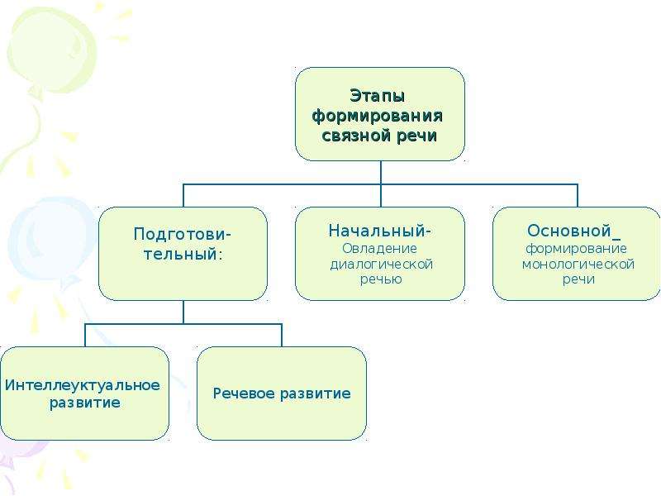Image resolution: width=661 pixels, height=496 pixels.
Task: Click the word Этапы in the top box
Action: click(378, 97)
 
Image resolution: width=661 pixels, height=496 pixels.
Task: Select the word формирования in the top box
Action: click(378, 116)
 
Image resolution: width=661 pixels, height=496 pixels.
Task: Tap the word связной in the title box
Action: click(359, 136)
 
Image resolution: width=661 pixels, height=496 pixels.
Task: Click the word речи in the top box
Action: click(417, 136)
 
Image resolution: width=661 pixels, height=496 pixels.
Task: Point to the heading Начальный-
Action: click(380, 231)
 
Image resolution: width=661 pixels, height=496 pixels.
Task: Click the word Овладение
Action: click(379, 249)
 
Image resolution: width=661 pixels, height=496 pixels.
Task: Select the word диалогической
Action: click(381, 265)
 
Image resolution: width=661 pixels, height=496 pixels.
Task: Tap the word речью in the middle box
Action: click(381, 279)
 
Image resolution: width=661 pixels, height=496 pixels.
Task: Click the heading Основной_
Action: click(573, 231)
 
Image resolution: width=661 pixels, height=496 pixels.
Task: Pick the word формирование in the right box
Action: click(576, 249)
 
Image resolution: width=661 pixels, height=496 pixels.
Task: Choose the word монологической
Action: click(578, 265)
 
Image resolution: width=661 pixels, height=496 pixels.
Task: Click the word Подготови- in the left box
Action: click(183, 234)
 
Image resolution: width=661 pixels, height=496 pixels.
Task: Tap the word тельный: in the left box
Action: click(183, 255)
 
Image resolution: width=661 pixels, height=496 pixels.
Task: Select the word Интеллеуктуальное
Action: click(83, 385)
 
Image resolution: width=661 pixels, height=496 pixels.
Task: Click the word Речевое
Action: click(244, 393)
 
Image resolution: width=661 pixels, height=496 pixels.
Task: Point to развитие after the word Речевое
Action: click(316, 394)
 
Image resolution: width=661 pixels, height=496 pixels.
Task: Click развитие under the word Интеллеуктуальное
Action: click(85, 403)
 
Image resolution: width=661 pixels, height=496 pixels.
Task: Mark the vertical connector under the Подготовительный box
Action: click(183, 312)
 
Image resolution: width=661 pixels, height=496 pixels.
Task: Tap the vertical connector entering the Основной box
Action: click(577, 196)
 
